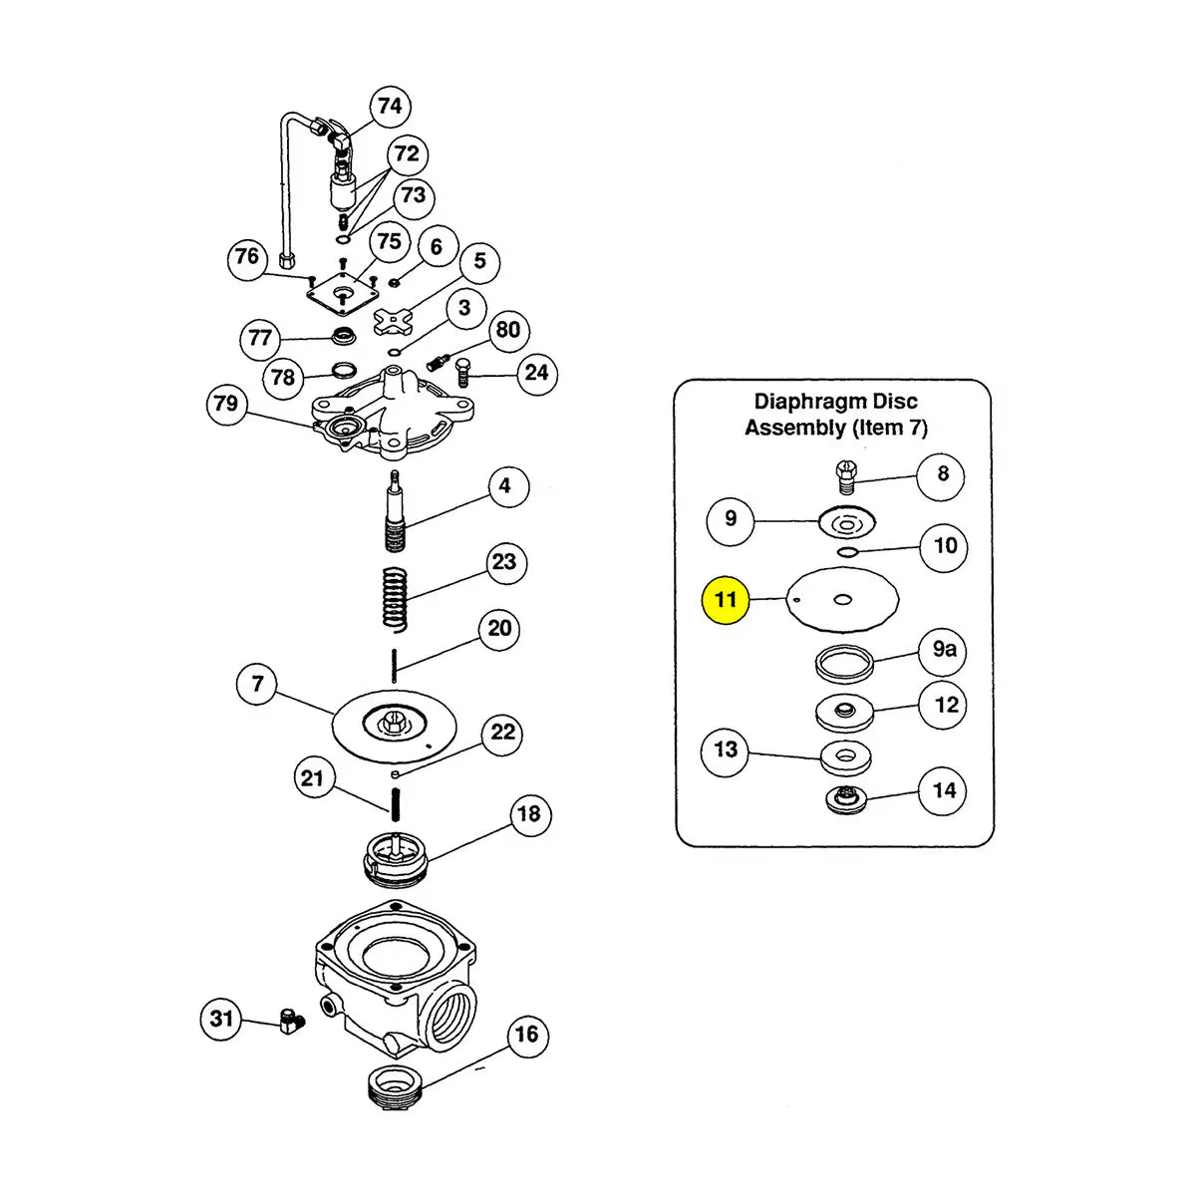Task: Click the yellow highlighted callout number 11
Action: click(726, 600)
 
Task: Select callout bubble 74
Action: click(390, 107)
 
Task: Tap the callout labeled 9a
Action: click(944, 650)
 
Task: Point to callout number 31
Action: click(221, 1018)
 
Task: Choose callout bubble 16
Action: click(526, 1035)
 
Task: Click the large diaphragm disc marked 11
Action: click(843, 599)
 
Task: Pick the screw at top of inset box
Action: click(844, 475)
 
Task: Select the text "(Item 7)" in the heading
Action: click(889, 428)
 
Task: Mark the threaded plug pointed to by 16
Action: click(397, 1085)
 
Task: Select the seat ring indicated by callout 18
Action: click(395, 858)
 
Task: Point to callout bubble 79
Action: click(226, 404)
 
